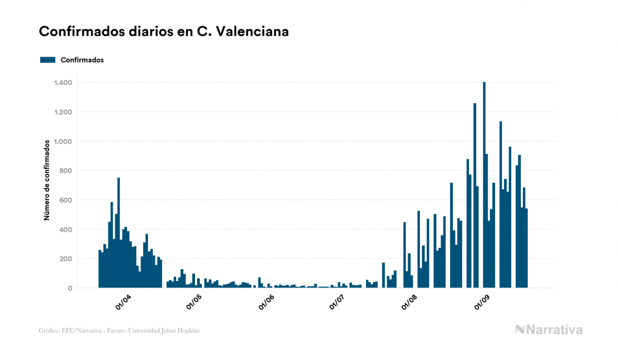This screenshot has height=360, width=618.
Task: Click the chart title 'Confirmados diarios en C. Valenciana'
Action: pos(164,32)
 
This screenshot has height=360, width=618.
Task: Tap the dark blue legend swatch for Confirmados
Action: pos(48,60)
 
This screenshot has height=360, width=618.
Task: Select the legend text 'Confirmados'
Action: pos(82,60)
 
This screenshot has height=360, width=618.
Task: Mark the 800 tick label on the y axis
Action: pos(65,171)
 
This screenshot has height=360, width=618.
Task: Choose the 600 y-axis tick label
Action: pos(65,200)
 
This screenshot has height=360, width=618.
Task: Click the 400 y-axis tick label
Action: pos(65,230)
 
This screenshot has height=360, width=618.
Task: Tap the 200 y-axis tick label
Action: pos(65,259)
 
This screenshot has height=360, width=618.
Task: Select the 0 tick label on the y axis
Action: pos(69,288)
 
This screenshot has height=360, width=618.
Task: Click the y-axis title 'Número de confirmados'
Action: pos(47,181)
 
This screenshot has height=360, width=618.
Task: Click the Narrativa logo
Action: pos(549,330)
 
